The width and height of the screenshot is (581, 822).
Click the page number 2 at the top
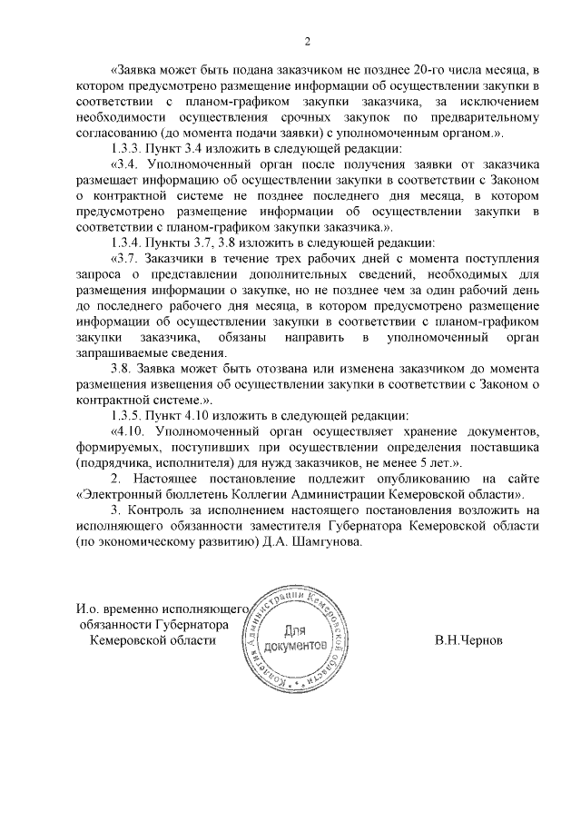pos(308,41)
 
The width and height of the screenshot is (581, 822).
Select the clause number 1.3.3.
pos(127,148)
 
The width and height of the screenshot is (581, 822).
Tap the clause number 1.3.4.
pos(127,243)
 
